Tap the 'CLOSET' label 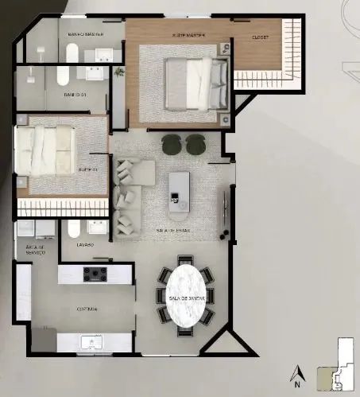[x=260, y=37]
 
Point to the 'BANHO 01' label [x=76, y=95]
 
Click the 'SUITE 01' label [x=87, y=169]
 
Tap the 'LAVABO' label [x=86, y=245]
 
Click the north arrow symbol [x=296, y=372]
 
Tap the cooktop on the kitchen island [x=96, y=274]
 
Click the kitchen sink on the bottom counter [x=95, y=342]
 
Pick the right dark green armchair [x=195, y=144]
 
